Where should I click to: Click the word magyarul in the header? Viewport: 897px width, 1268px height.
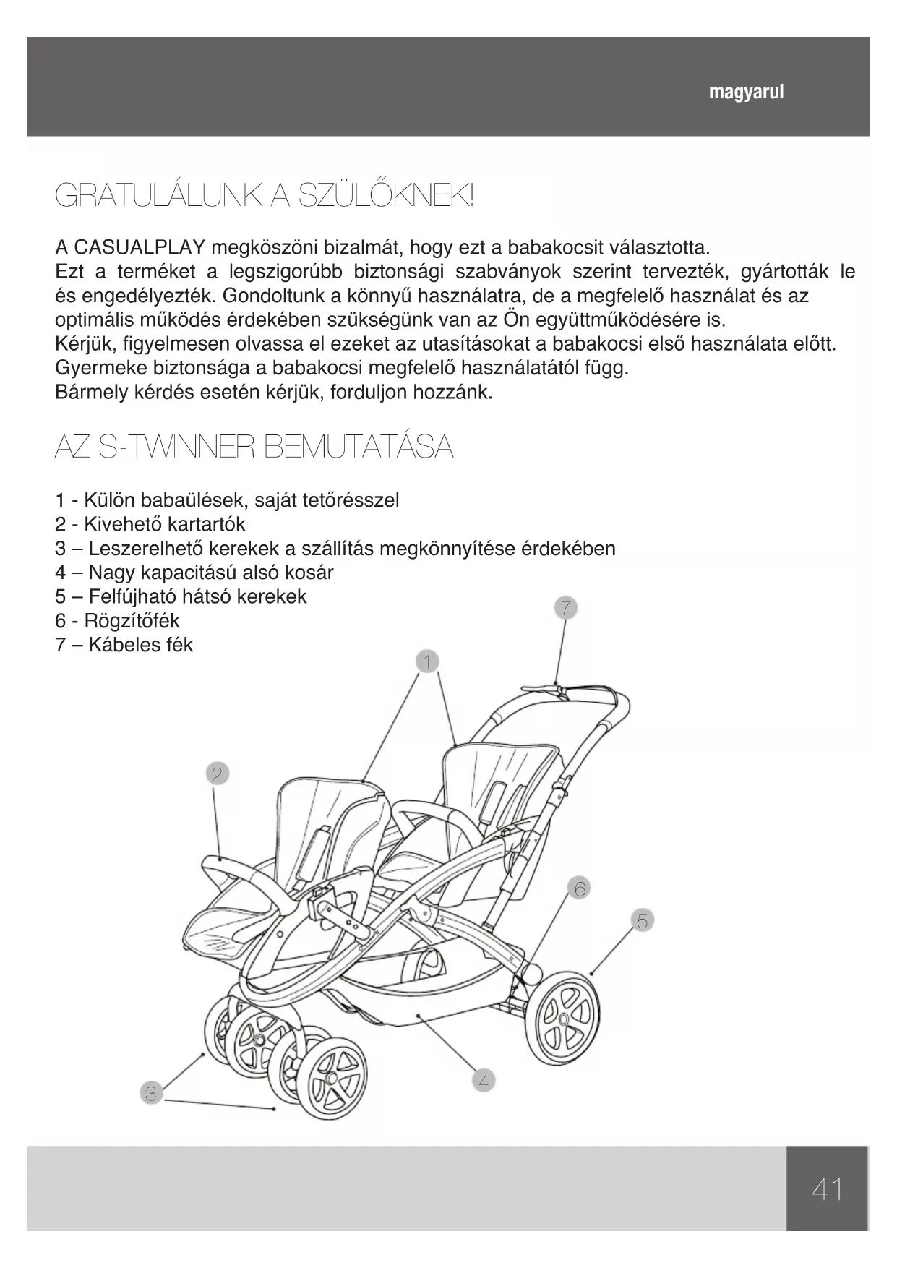click(x=746, y=93)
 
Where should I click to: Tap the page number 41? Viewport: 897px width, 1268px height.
click(x=827, y=1188)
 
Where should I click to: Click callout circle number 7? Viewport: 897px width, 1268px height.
click(x=566, y=608)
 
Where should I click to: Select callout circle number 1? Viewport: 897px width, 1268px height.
click(x=427, y=661)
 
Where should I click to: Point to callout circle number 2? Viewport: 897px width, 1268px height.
click(x=217, y=774)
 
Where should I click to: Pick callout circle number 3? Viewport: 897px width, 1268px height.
click(x=150, y=1093)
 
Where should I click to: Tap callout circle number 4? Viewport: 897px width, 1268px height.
click(x=484, y=1081)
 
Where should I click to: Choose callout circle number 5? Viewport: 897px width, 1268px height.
click(x=642, y=920)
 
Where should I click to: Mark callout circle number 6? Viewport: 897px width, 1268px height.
click(x=580, y=887)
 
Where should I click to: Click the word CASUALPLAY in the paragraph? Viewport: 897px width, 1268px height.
click(x=130, y=248)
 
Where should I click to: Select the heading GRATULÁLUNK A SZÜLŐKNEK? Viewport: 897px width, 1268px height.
click(x=265, y=196)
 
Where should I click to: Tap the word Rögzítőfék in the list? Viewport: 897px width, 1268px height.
click(x=132, y=621)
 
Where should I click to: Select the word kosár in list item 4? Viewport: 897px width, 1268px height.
click(x=310, y=573)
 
